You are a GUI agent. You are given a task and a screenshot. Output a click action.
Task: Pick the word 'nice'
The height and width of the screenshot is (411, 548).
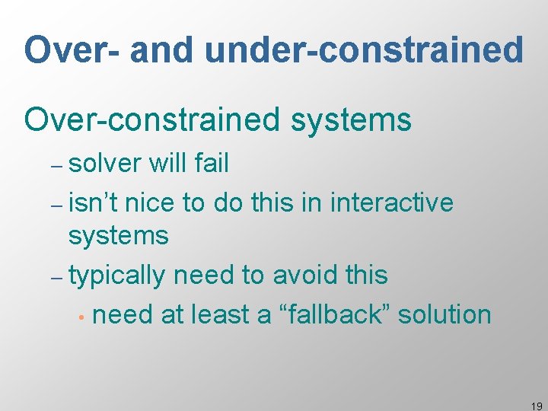click(152, 202)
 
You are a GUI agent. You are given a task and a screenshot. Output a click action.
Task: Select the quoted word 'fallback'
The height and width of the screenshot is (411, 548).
click(334, 314)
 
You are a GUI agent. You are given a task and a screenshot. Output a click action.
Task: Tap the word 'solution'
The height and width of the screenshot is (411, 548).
click(444, 314)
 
